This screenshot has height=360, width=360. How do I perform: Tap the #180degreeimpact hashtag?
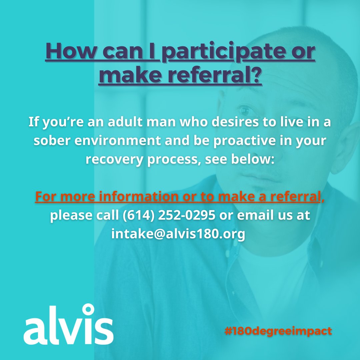click(278, 331)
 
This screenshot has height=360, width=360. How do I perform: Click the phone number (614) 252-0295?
click(169, 215)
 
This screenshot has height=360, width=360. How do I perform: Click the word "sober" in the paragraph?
click(51, 140)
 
